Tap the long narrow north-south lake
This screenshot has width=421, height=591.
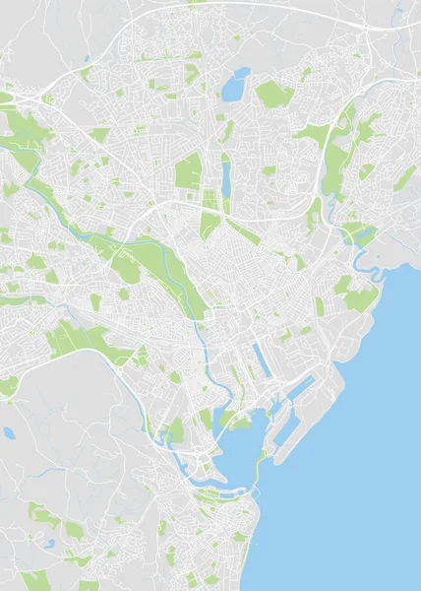(225, 179)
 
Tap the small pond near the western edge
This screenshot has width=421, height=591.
(9, 432)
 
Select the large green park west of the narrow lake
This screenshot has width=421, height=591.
(187, 173)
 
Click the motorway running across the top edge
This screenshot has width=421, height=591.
(246, 7)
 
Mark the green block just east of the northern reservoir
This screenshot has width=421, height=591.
(274, 95)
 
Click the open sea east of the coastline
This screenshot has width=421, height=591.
(364, 443)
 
